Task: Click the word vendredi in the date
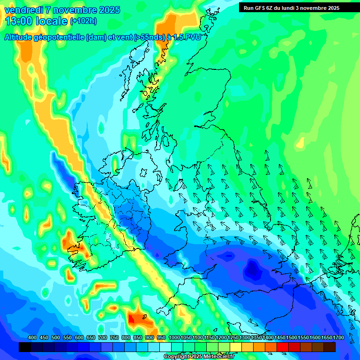(23, 10)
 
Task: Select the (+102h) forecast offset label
(83, 21)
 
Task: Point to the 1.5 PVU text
(187, 38)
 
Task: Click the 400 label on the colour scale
(32, 338)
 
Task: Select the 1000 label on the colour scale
(174, 338)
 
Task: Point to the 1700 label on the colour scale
(338, 338)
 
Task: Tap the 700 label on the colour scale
(103, 338)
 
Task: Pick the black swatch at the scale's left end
(25, 347)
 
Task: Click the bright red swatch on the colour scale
(282, 347)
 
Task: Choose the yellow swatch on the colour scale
(235, 347)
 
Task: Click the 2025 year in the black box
(333, 7)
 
